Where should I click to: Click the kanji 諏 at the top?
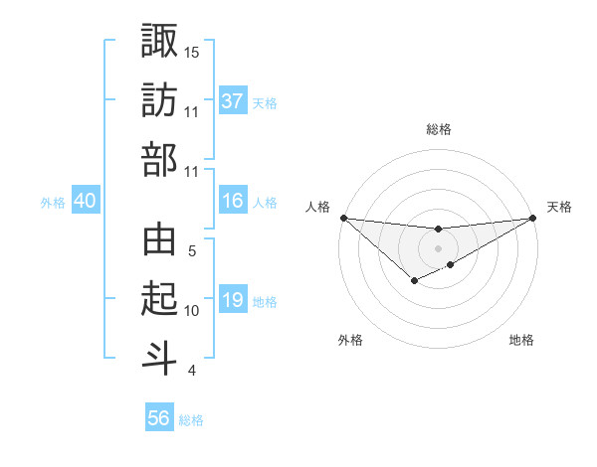point(159,41)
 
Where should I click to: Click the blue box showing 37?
point(233,100)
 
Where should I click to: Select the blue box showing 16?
point(233,202)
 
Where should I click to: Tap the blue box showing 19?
point(233,300)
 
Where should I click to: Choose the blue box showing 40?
point(85,202)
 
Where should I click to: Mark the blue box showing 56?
point(158,418)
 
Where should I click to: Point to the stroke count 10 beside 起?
point(192,311)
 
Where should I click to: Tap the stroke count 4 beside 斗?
point(192,371)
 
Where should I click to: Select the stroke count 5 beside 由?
point(192,251)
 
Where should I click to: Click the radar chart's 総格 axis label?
point(438,129)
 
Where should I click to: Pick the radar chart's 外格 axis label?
point(350,340)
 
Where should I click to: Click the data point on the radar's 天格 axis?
point(533,218)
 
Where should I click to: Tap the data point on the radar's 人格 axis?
point(342,218)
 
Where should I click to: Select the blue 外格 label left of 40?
point(53,203)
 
